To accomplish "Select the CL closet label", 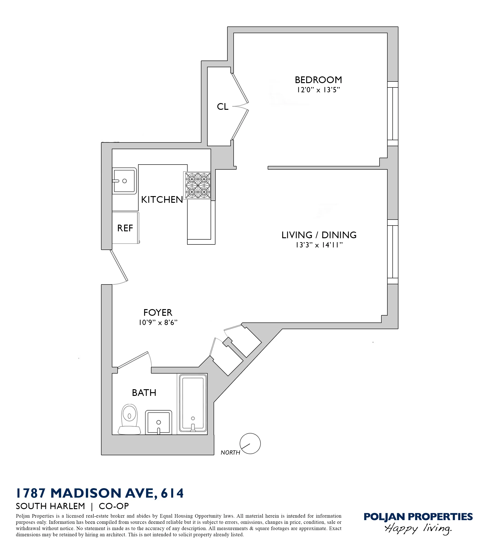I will [223, 107].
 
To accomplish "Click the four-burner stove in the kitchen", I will [197, 186].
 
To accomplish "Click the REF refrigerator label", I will [125, 228].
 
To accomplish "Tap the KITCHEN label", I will [162, 200].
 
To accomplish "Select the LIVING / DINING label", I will [319, 235].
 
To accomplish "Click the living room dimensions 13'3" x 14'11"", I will [319, 245].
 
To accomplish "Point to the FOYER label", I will [158, 313].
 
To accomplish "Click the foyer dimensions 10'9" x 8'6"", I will [158, 322].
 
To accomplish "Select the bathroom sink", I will [159, 422].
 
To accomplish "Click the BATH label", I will [144, 393].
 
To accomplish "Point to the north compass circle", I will [250, 444].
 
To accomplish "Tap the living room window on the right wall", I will [392, 252].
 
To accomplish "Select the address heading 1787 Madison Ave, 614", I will [100, 493].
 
